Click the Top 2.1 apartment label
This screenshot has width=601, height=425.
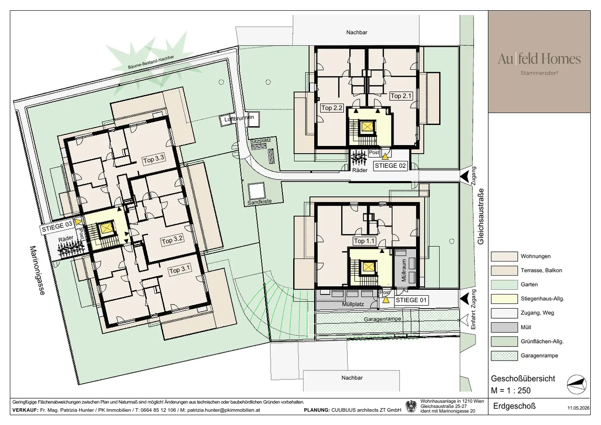[x=401, y=96]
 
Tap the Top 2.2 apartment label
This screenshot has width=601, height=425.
[x=332, y=108]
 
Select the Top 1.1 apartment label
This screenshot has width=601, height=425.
[x=364, y=241]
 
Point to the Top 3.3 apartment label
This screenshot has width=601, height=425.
[x=154, y=159]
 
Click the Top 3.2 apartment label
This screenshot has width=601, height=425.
[x=172, y=240]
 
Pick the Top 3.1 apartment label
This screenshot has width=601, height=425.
[x=179, y=269]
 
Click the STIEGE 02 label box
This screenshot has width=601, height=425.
[x=390, y=166]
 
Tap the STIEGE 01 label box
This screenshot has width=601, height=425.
[x=411, y=300]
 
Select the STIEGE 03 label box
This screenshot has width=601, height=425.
[x=57, y=227]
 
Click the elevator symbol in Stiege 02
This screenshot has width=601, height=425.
[x=367, y=127]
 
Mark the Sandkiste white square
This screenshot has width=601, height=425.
[x=257, y=191]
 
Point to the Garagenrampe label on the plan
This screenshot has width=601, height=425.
[x=382, y=319]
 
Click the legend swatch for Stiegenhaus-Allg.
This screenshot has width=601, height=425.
[x=504, y=299]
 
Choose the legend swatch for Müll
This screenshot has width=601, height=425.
[x=504, y=327]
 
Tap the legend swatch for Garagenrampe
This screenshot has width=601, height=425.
[x=504, y=356]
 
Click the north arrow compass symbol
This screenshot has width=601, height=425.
[x=577, y=385]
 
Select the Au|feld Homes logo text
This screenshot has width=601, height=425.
[x=539, y=59]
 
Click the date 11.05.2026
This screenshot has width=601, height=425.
[x=578, y=408]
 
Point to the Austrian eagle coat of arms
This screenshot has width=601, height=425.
[x=410, y=406]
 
